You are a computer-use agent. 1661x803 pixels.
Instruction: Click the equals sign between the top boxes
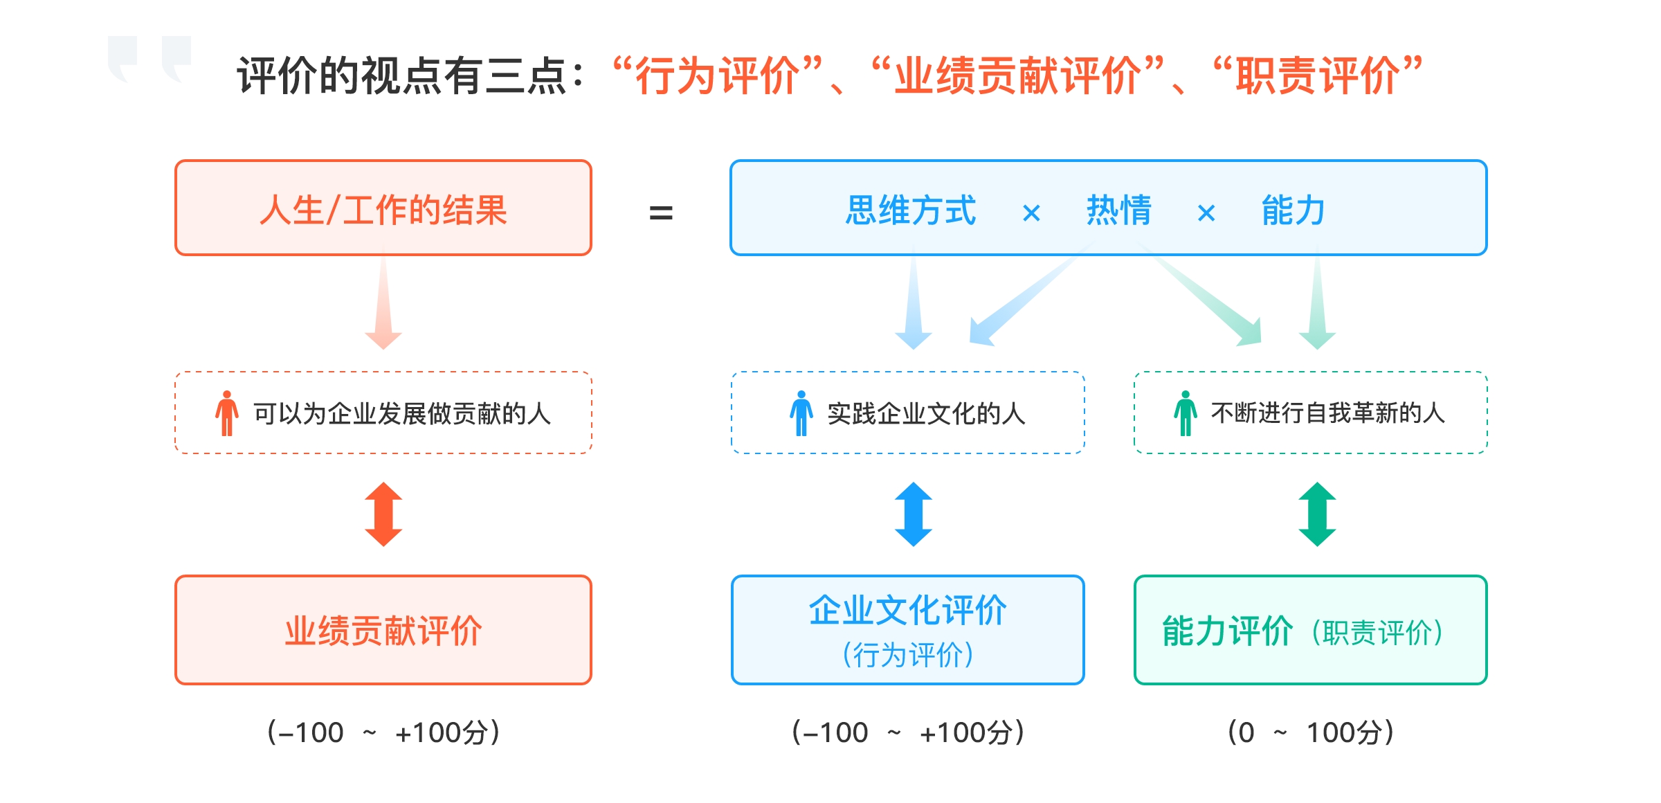661,213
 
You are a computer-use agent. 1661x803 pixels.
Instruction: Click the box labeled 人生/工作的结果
383,208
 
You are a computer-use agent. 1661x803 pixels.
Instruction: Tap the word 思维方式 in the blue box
910,210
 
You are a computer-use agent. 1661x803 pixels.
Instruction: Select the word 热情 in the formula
1118,210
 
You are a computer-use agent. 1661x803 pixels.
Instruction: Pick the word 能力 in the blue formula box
1293,210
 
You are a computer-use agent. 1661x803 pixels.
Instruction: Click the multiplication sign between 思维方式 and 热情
1031,213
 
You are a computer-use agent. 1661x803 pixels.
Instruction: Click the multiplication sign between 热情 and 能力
1206,213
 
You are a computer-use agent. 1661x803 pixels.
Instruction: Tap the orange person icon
226,413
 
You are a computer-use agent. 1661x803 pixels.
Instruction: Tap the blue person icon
801,413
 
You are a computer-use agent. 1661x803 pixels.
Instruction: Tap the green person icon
1185,413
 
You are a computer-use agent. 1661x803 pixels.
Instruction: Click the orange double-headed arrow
383,514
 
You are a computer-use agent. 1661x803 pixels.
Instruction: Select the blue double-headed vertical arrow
914,514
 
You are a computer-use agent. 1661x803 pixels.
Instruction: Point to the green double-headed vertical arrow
1317,514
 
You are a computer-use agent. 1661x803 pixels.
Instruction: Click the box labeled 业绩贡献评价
383,630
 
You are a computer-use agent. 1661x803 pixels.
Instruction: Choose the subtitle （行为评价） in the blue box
908,654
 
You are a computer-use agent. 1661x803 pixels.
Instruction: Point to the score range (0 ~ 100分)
1310,732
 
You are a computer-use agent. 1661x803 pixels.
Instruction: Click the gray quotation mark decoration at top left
149,59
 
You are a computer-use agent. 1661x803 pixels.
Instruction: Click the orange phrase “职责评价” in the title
1317,75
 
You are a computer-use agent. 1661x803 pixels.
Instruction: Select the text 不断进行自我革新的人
1327,413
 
